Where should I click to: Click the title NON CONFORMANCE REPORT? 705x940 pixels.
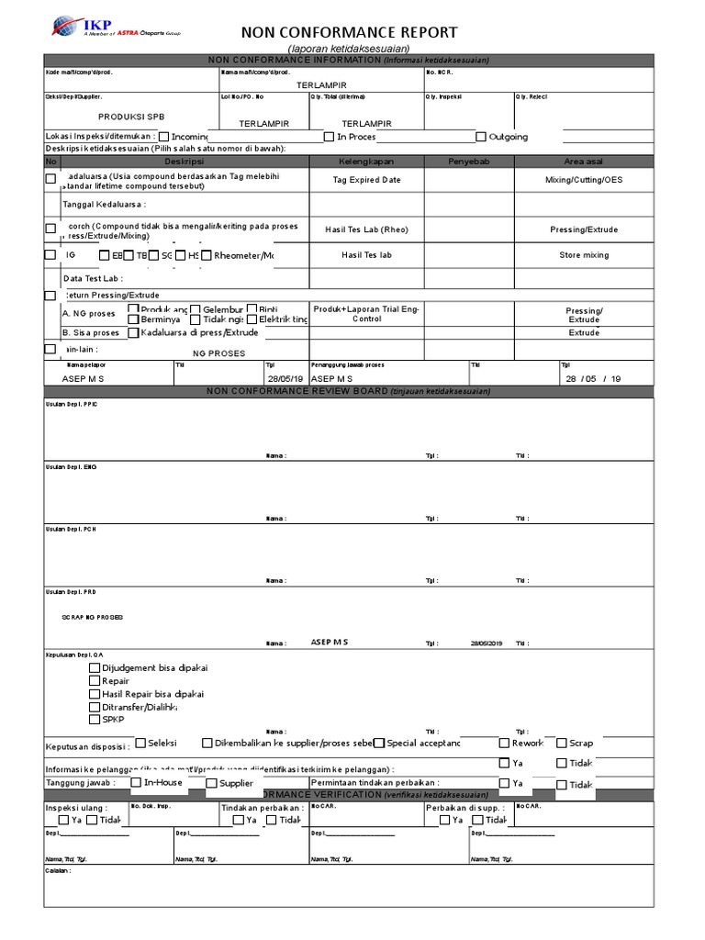[348, 32]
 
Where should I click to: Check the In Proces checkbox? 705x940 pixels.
[329, 137]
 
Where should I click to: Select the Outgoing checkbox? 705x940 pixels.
[481, 137]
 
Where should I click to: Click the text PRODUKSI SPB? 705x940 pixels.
[132, 117]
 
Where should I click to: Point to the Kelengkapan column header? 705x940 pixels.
[366, 162]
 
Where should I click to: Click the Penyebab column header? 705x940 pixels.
[468, 162]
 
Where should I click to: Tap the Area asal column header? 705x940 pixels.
[583, 162]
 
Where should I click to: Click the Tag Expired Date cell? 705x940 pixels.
[366, 180]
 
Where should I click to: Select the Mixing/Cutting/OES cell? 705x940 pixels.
[583, 180]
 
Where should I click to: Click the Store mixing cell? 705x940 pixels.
[583, 255]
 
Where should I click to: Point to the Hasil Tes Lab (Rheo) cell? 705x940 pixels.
[366, 229]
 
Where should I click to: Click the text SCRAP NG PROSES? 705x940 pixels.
[92, 618]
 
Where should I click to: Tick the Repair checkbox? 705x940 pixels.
[95, 681]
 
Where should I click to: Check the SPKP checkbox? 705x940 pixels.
[95, 720]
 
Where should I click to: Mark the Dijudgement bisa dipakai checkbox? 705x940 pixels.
[95, 668]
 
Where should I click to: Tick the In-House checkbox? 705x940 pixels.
[135, 783]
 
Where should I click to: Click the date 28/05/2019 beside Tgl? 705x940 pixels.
[486, 643]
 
